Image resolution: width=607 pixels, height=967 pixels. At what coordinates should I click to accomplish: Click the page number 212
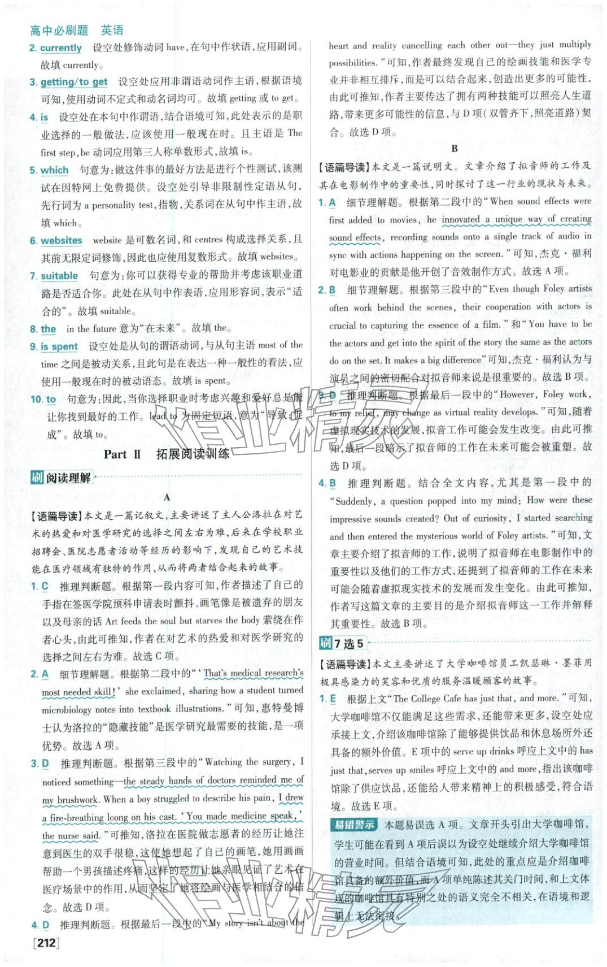[x=46, y=942]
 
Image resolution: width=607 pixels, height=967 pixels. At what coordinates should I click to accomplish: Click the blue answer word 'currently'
[x=61, y=48]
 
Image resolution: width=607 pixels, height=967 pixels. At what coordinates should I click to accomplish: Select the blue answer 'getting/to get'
[x=73, y=82]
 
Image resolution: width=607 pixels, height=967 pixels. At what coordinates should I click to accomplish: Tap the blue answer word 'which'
[x=54, y=170]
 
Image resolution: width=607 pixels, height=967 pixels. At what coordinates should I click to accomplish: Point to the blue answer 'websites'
[x=61, y=241]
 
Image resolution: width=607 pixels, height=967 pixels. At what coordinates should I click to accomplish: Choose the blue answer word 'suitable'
[x=59, y=276]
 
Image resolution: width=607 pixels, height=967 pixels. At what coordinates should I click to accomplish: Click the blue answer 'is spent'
[x=59, y=346]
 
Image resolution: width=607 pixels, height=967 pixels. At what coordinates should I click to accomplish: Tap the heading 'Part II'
[x=122, y=454]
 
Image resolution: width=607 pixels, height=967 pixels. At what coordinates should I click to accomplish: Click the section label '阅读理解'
[x=68, y=478]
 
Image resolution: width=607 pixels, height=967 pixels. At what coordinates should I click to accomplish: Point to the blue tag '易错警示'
[x=353, y=825]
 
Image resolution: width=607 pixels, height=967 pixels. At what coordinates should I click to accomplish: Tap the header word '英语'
[x=112, y=31]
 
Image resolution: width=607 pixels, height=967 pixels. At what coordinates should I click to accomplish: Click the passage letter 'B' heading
[x=455, y=149]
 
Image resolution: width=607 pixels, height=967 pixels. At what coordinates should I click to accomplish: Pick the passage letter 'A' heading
[x=167, y=497]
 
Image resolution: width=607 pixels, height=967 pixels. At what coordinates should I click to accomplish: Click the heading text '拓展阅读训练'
[x=193, y=454]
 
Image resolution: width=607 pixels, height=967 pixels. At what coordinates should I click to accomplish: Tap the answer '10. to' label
[x=43, y=400]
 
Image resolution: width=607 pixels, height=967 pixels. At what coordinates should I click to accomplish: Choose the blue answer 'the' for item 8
[x=49, y=329]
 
